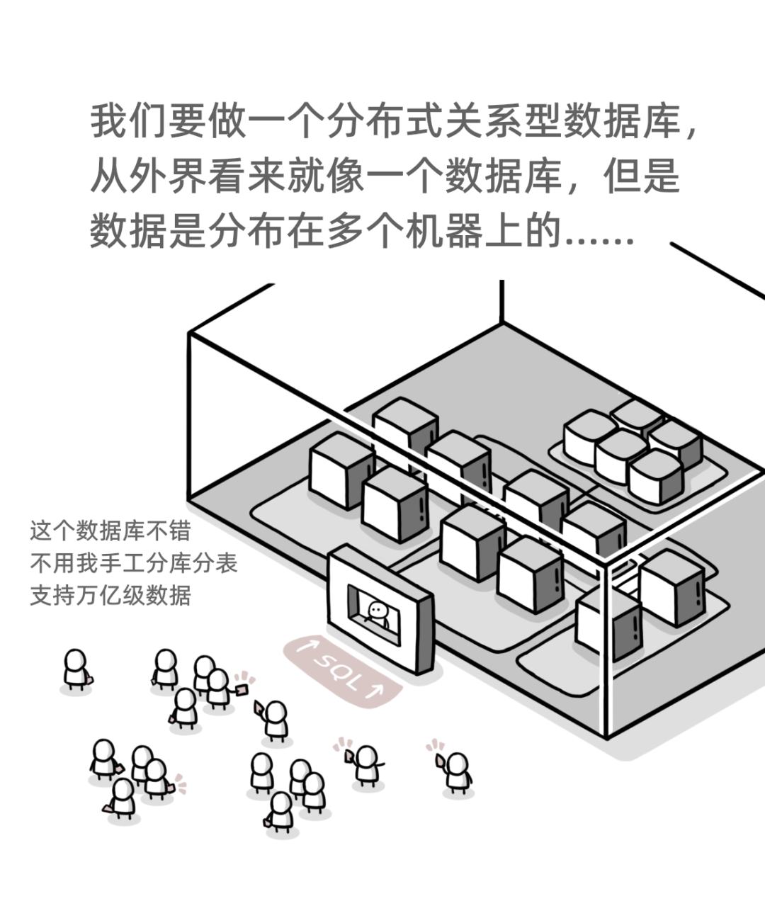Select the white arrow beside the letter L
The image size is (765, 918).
(376, 689)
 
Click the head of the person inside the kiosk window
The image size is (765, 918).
(377, 608)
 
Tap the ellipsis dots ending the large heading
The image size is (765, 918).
(602, 234)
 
